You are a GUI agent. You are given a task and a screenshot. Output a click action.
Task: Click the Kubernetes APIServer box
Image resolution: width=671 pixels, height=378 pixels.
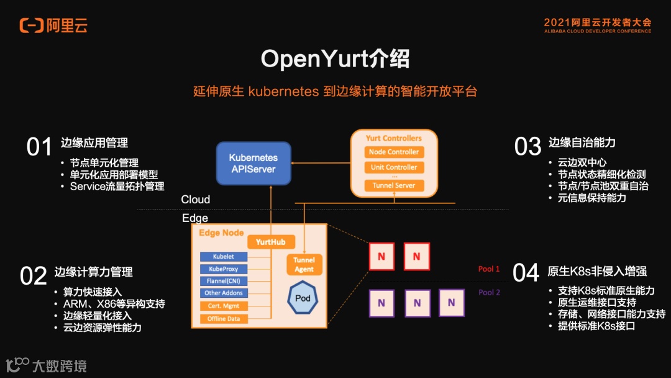click(x=253, y=164)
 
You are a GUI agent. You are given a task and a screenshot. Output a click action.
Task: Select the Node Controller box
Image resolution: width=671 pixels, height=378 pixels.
click(x=394, y=152)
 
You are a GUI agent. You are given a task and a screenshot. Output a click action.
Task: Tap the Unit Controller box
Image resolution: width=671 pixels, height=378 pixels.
click(x=394, y=167)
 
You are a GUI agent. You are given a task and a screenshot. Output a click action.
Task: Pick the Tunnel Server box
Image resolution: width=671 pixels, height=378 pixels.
click(x=394, y=185)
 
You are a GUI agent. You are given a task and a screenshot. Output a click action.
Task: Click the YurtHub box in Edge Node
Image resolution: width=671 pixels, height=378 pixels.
click(x=271, y=242)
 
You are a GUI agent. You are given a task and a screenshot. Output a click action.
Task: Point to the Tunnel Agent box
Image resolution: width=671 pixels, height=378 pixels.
click(x=304, y=265)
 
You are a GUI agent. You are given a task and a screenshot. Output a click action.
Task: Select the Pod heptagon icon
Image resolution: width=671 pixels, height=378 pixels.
click(x=303, y=298)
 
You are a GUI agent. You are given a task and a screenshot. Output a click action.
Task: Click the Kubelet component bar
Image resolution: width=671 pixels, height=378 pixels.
click(x=223, y=257)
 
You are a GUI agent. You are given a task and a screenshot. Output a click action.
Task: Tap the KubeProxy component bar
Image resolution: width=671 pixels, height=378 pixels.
click(x=223, y=269)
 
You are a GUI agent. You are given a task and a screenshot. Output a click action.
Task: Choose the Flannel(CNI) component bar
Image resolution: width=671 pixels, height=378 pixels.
click(x=223, y=281)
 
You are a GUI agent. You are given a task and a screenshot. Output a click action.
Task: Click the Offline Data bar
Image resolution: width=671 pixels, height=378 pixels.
click(x=223, y=319)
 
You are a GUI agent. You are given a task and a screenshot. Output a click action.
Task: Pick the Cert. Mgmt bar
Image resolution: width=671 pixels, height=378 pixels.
click(x=223, y=306)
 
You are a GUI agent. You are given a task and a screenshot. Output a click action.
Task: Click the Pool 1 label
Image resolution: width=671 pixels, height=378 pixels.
click(x=489, y=269)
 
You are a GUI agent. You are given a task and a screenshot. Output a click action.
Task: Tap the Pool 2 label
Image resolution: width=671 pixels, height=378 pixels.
click(x=489, y=292)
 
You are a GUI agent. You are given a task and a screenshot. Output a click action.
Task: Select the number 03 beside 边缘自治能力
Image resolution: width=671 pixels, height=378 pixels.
click(x=527, y=147)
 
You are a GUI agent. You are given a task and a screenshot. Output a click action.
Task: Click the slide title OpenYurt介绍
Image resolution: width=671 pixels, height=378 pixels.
click(x=335, y=59)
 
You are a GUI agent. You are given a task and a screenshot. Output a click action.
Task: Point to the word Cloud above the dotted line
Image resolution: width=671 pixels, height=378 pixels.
click(x=196, y=200)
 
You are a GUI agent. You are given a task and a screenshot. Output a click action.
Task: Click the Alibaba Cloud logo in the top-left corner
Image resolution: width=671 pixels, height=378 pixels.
click(x=53, y=25)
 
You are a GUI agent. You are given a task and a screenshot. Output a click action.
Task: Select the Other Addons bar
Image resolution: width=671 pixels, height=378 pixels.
click(x=223, y=293)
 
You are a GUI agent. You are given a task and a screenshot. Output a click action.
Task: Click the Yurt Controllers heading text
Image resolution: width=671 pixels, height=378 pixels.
click(x=394, y=138)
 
